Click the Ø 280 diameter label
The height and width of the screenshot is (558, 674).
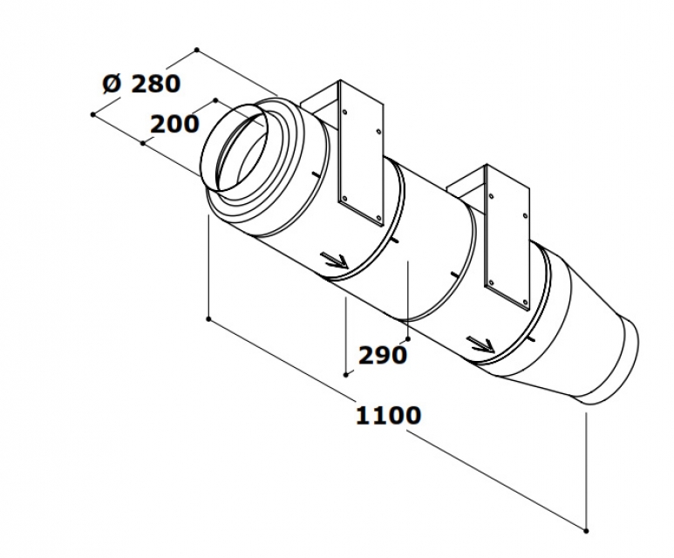141,84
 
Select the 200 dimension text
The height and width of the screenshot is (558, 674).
174,125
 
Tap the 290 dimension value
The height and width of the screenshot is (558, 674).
382,355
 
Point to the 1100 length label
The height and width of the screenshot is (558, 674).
388,415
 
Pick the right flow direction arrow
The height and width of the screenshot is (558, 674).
480,344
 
